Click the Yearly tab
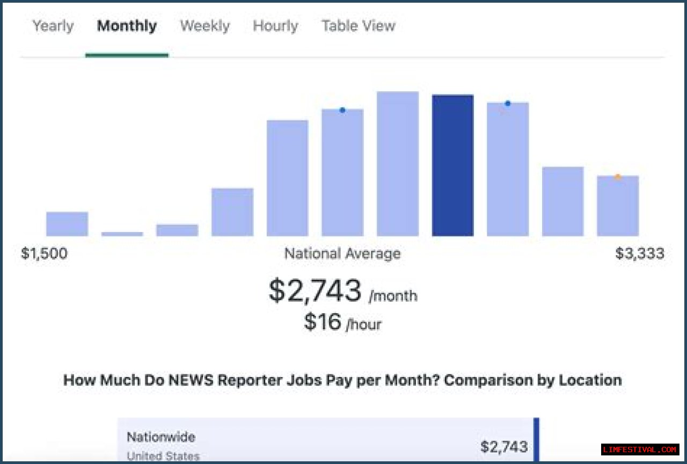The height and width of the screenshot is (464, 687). point(53,26)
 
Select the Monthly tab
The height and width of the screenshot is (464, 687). point(127,26)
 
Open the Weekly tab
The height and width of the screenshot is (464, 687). point(204,26)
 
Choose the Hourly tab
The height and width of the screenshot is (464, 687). point(275,26)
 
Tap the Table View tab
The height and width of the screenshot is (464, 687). point(358,26)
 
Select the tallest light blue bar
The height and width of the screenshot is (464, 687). point(397,164)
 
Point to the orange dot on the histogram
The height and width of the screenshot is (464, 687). point(618,177)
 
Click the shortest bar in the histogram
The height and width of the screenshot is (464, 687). point(122,234)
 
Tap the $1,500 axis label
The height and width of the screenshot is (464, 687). point(44,253)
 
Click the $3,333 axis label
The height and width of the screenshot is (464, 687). point(639,253)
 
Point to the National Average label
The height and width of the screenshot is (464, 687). point(342,253)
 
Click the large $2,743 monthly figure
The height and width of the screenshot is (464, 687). point(315,291)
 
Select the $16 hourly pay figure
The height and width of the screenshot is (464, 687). point(323,322)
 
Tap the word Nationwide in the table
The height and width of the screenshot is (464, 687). point(160,437)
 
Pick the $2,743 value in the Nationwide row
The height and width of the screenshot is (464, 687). point(503,446)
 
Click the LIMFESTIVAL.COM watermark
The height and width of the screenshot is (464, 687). point(640,450)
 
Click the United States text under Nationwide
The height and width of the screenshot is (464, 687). point(163,456)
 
